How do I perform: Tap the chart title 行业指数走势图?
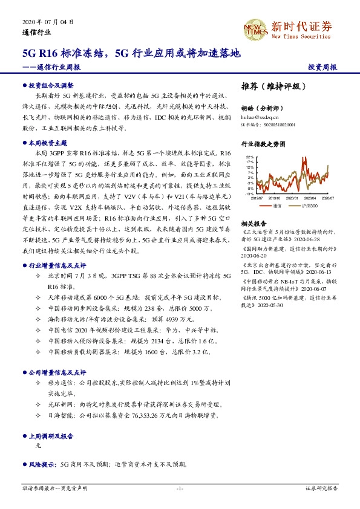(x=264, y=145)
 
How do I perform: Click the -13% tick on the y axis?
(x=249, y=193)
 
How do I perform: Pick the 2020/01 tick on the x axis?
(x=292, y=198)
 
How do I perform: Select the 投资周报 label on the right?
(x=322, y=68)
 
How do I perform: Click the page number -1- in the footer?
(x=180, y=488)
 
